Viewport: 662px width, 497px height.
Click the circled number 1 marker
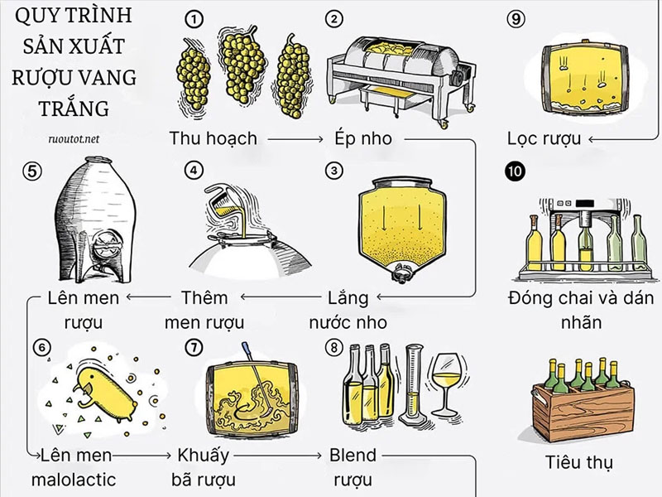194,19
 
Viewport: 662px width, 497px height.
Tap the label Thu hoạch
213,138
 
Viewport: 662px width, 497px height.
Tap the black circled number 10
513,171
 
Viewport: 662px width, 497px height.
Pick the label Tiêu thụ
579,461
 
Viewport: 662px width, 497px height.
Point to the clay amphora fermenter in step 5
91,224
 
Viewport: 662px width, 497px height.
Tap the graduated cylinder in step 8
411,380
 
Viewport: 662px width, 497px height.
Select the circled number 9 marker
513,18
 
